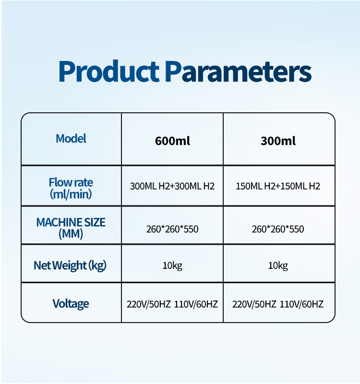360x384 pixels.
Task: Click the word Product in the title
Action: [x=109, y=71]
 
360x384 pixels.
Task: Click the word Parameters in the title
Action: [x=238, y=71]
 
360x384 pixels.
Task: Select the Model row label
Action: [x=71, y=139]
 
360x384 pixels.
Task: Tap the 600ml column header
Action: [x=172, y=141]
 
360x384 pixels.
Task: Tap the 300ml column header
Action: [x=278, y=141]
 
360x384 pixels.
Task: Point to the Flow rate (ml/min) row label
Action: [x=71, y=188]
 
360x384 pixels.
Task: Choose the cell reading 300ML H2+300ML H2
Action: [x=172, y=186]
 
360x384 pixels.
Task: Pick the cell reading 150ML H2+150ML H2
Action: [x=278, y=186]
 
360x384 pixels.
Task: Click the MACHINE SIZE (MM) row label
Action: [x=71, y=228]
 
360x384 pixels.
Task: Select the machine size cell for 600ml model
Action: [x=172, y=229]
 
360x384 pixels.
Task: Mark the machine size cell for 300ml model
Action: [x=278, y=229]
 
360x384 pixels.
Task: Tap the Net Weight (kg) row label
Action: [x=70, y=266]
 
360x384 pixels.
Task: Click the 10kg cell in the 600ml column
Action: [x=172, y=266]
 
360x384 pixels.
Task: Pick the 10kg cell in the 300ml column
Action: [x=278, y=266]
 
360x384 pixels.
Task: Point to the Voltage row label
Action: [x=71, y=304]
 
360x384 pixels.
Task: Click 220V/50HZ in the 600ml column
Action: [x=149, y=304]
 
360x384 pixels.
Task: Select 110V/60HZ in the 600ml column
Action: [x=196, y=304]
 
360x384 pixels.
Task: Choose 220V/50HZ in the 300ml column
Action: [x=254, y=304]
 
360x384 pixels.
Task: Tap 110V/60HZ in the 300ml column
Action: [x=301, y=304]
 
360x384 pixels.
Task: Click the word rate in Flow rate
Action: [x=84, y=183]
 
